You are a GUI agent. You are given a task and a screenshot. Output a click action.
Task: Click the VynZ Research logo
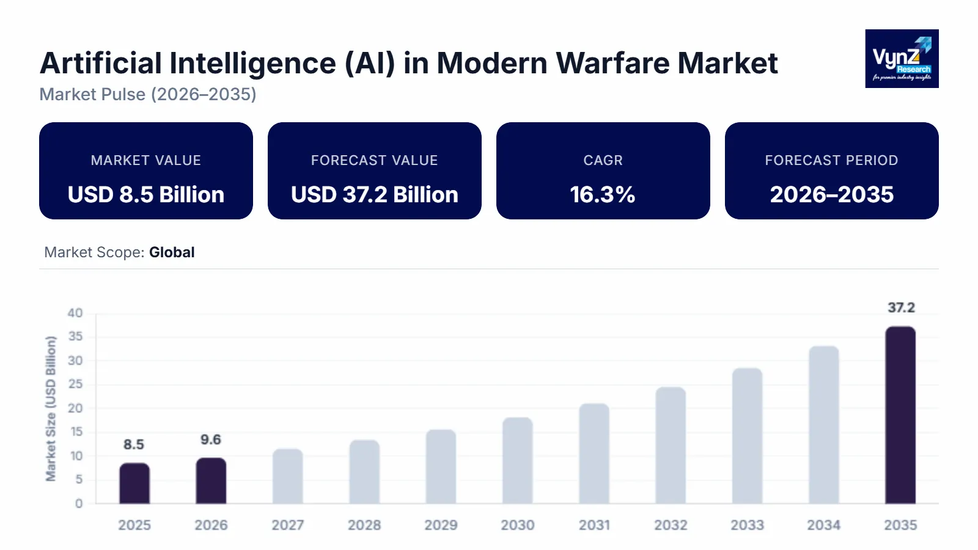click(902, 59)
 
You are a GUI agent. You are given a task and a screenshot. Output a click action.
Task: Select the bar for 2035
click(900, 416)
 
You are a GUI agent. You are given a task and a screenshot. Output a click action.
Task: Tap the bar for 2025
click(134, 483)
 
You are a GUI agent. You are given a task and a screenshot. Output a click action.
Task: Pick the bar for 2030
click(518, 461)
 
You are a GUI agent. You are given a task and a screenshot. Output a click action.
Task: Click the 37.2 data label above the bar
click(901, 308)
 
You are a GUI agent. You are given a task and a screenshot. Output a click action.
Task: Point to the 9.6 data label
click(211, 440)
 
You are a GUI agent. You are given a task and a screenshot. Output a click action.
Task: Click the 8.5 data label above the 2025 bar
click(134, 445)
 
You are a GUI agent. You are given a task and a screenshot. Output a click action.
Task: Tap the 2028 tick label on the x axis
click(364, 526)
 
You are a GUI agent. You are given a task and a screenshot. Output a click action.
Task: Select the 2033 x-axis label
click(747, 526)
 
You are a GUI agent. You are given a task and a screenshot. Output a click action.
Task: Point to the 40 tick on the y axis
click(75, 313)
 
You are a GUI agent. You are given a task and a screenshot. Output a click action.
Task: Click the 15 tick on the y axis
click(76, 432)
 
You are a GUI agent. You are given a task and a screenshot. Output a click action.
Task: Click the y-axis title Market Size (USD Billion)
click(51, 408)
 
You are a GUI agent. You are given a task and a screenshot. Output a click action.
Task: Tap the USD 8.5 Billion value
click(146, 195)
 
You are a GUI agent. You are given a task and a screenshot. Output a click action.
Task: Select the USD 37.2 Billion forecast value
click(375, 195)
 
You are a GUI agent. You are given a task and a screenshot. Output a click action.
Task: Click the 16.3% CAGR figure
click(603, 195)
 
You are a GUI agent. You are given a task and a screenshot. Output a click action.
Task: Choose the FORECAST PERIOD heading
click(831, 161)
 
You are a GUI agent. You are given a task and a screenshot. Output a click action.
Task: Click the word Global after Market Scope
click(172, 252)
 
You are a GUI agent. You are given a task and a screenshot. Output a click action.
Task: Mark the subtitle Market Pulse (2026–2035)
click(148, 95)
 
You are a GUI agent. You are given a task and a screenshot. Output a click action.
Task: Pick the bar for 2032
click(671, 446)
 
